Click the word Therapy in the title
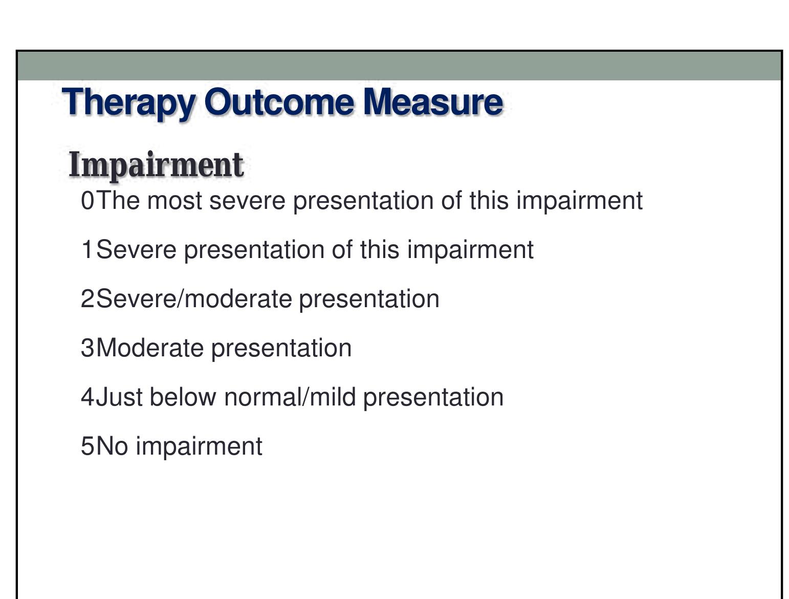[x=128, y=102]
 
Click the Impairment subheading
[x=156, y=165]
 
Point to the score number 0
[x=87, y=201]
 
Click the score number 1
[x=87, y=250]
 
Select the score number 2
[x=87, y=299]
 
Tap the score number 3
[x=87, y=348]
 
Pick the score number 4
[x=87, y=397]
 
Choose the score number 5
[x=87, y=446]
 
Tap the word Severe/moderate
[x=194, y=299]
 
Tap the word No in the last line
[x=112, y=446]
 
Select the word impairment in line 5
[x=199, y=446]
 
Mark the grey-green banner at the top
[x=399, y=66]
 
